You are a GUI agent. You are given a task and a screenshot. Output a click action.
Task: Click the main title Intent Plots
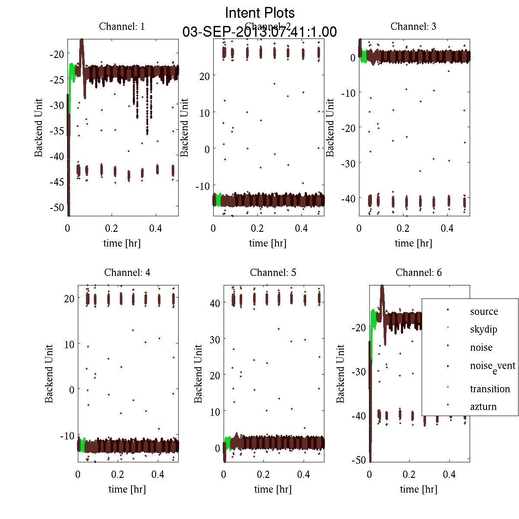[260, 13]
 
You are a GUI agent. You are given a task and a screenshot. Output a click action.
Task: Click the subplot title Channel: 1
[122, 26]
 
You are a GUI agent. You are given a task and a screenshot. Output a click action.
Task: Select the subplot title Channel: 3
[413, 26]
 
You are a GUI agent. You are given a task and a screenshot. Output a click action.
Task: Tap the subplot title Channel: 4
[127, 272]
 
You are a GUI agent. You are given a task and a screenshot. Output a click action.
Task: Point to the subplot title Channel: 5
[273, 272]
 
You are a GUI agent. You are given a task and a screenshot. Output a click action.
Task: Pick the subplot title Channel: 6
[419, 272]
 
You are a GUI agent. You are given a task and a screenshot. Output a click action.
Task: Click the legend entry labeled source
[484, 311]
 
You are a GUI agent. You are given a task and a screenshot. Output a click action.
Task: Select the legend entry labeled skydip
[483, 329]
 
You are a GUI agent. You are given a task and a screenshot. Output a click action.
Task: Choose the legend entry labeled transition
[490, 389]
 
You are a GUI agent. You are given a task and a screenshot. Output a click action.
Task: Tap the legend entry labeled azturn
[483, 407]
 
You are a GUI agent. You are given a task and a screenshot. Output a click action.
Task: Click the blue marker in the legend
[448, 366]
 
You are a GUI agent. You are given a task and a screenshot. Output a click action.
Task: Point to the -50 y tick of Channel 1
[57, 208]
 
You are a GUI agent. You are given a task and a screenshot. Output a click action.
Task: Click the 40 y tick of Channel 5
[215, 303]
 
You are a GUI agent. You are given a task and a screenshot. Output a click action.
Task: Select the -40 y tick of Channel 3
[348, 199]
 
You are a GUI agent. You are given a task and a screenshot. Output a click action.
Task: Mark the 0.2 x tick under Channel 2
[257, 228]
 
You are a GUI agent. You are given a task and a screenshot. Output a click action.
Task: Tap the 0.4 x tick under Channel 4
[158, 474]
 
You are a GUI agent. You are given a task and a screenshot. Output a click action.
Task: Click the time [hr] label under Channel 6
[418, 489]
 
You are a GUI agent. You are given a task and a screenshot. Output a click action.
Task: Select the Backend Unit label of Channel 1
[39, 128]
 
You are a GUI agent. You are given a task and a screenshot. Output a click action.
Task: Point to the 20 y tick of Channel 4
[69, 298]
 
